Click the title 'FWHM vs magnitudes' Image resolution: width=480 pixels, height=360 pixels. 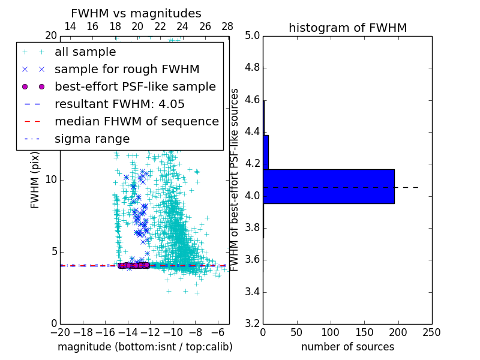click(x=136, y=13)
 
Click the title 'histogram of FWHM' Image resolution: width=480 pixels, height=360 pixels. click(x=347, y=28)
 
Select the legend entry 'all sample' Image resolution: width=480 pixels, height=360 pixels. click(x=85, y=52)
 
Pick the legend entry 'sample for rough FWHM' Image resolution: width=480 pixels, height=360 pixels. click(x=127, y=69)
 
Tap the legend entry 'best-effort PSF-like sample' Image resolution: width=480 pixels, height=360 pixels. click(x=135, y=86)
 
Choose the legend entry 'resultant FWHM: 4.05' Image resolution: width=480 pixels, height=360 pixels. click(x=119, y=104)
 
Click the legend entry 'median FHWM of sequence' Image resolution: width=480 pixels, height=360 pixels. click(x=136, y=121)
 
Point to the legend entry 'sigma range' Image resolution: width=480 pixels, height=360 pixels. click(x=92, y=139)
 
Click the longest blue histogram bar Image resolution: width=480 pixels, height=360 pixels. click(x=328, y=187)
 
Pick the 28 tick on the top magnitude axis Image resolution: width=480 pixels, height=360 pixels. click(x=227, y=26)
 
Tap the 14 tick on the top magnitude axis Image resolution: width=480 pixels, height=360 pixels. click(x=70, y=26)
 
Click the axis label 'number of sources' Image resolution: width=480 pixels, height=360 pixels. click(x=347, y=347)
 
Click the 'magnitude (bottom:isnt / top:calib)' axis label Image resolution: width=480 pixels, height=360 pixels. click(x=145, y=347)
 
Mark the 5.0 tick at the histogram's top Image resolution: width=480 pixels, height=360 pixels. click(x=253, y=35)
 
